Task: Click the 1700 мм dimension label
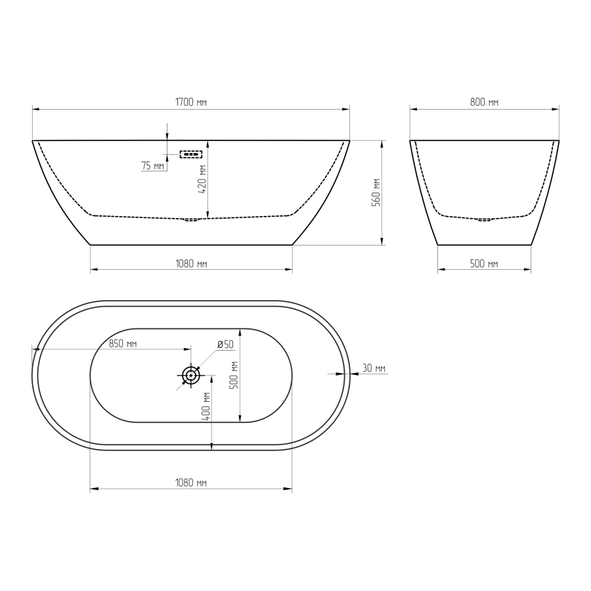coord(191,102)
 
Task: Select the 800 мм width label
coord(485,102)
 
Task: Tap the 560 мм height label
coord(376,192)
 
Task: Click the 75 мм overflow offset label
coord(153,165)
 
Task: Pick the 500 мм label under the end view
coord(484,264)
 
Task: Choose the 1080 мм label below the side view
coord(191,264)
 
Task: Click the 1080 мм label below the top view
coord(191,483)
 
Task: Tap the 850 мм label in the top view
coord(123,343)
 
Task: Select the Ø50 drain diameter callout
coord(225,344)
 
